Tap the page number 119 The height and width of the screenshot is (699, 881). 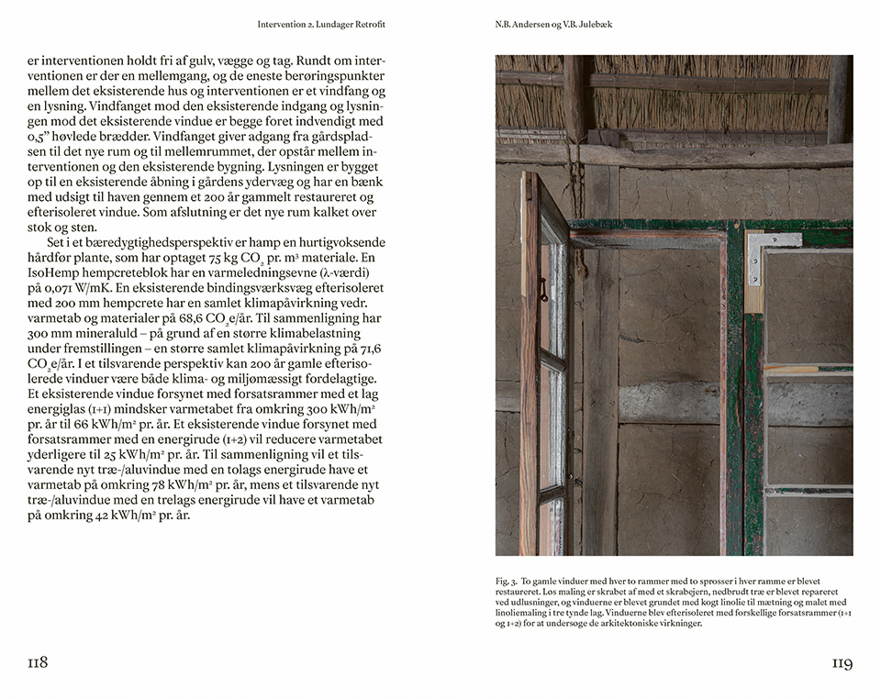[x=842, y=662]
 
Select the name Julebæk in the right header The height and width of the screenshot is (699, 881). [x=593, y=25]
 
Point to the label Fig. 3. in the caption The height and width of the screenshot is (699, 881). [x=507, y=581]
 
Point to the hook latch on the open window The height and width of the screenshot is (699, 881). [x=543, y=290]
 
